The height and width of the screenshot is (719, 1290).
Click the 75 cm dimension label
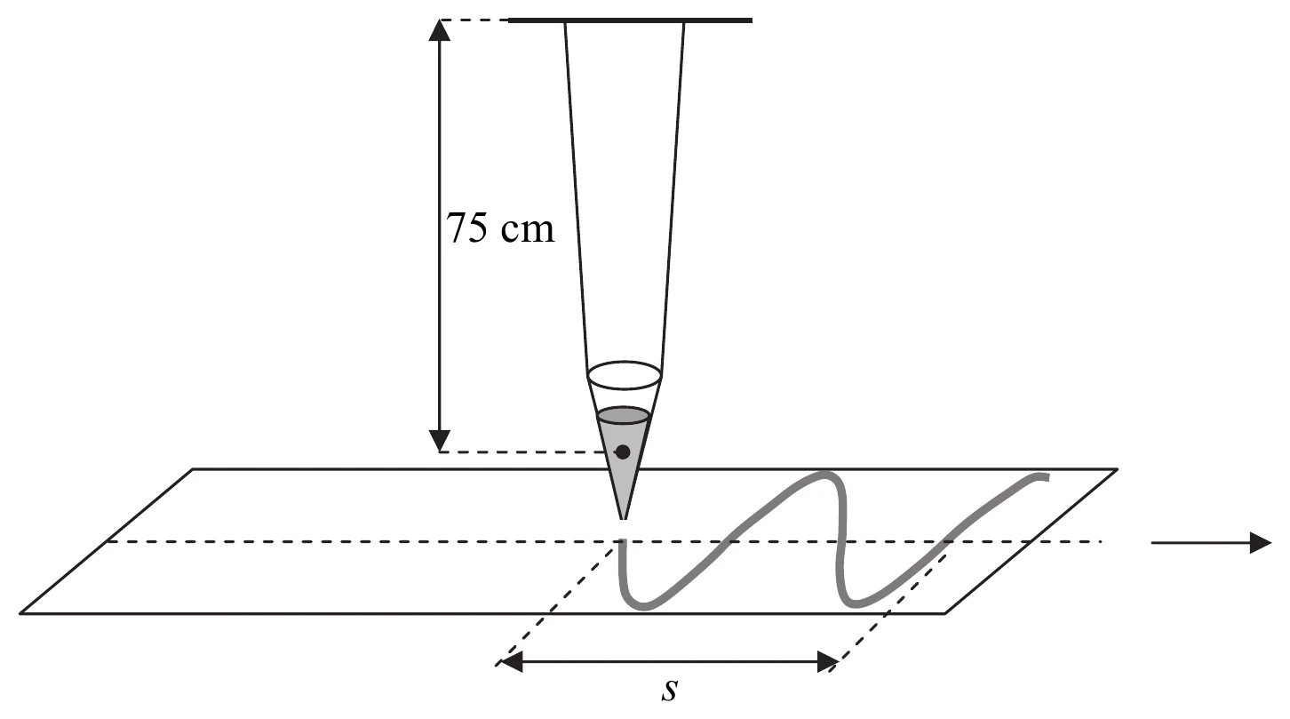pyautogui.click(x=500, y=228)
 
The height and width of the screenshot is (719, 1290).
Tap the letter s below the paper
pyautogui.click(x=669, y=690)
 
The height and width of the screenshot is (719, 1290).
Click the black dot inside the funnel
pyautogui.click(x=623, y=452)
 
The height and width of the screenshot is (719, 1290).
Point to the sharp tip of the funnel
pyautogui.click(x=623, y=518)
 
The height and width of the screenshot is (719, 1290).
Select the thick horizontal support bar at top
pyautogui.click(x=630, y=20)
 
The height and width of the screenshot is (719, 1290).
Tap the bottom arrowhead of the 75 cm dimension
pyautogui.click(x=440, y=441)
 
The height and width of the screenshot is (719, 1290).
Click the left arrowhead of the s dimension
pyautogui.click(x=512, y=662)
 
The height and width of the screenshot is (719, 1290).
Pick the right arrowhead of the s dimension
pyautogui.click(x=827, y=662)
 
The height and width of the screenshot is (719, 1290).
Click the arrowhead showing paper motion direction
pyautogui.click(x=1261, y=542)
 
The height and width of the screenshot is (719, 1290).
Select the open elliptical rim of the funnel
pyautogui.click(x=625, y=375)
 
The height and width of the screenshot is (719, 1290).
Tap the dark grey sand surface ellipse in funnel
pyautogui.click(x=625, y=416)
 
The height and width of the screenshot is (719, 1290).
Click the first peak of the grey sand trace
pyautogui.click(x=824, y=475)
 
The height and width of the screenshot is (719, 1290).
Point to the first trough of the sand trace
pyautogui.click(x=641, y=606)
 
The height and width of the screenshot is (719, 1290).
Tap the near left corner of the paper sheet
pyautogui.click(x=20, y=613)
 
